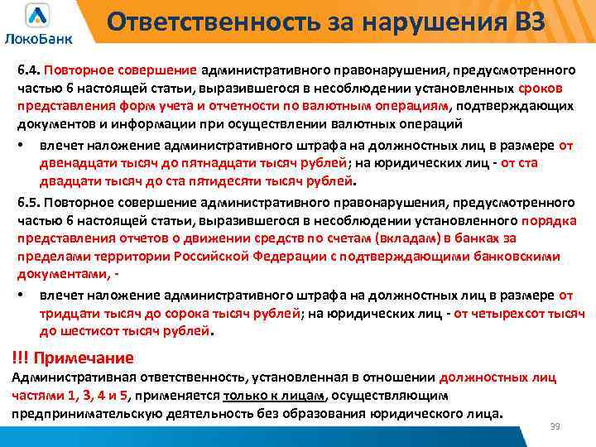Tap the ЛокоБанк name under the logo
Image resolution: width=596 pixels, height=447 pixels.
(x=38, y=38)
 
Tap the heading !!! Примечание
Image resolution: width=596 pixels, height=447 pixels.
(x=73, y=358)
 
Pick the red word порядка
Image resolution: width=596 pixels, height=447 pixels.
(x=548, y=221)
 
